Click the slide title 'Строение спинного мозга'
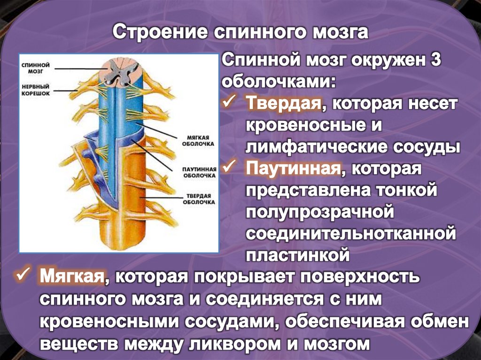click(240, 33)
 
